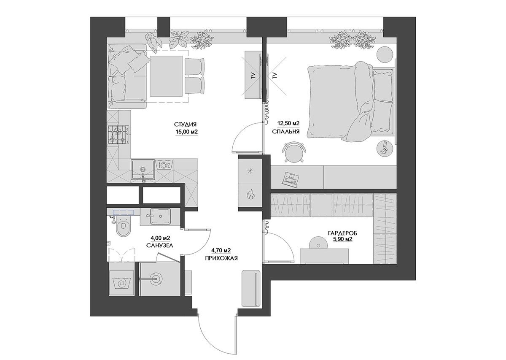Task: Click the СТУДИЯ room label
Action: tap(185, 125)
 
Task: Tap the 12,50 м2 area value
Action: tap(288, 124)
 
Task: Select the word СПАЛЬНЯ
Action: tap(286, 132)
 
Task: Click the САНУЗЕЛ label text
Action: tap(160, 246)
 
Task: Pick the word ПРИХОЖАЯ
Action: tap(221, 258)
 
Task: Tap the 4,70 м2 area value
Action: tap(221, 250)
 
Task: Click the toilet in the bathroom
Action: tap(123, 227)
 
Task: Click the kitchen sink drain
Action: tap(143, 169)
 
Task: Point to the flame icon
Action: tap(250, 195)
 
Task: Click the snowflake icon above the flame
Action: tap(250, 171)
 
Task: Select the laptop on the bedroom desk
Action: tap(290, 179)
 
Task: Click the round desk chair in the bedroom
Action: tap(293, 152)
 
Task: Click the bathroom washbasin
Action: tap(160, 216)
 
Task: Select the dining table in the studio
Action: tap(166, 76)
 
